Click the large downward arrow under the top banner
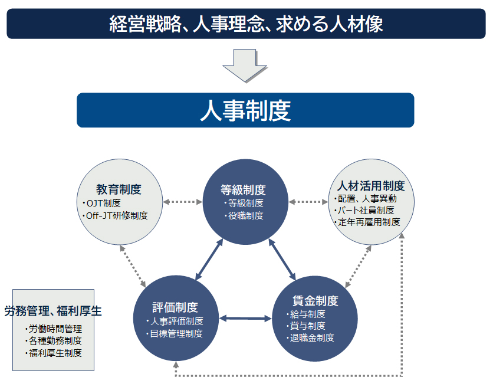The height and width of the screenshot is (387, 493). click(245, 64)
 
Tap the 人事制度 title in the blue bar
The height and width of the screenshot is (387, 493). click(245, 110)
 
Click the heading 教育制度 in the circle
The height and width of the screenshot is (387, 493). click(119, 189)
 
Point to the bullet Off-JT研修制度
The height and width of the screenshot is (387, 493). click(117, 215)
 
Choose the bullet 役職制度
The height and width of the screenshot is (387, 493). click(245, 215)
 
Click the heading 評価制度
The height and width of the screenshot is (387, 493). click(175, 307)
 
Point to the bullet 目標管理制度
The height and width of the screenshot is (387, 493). click(175, 333)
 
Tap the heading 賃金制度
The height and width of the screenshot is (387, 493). click(315, 301)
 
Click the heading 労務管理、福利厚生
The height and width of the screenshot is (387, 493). click(53, 311)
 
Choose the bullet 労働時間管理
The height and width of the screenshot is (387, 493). click(55, 329)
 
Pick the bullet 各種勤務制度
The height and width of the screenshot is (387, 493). click(55, 341)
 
